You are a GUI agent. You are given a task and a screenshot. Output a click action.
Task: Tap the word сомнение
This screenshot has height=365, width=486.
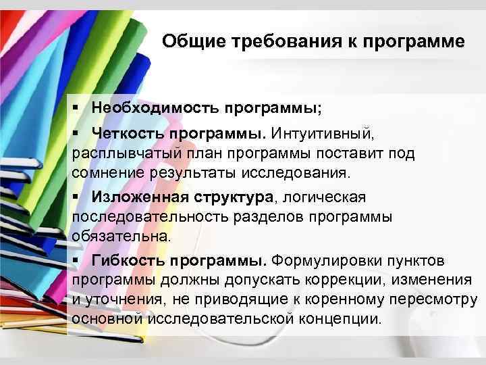105,172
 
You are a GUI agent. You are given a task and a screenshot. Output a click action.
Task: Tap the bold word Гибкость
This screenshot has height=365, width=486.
128,261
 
